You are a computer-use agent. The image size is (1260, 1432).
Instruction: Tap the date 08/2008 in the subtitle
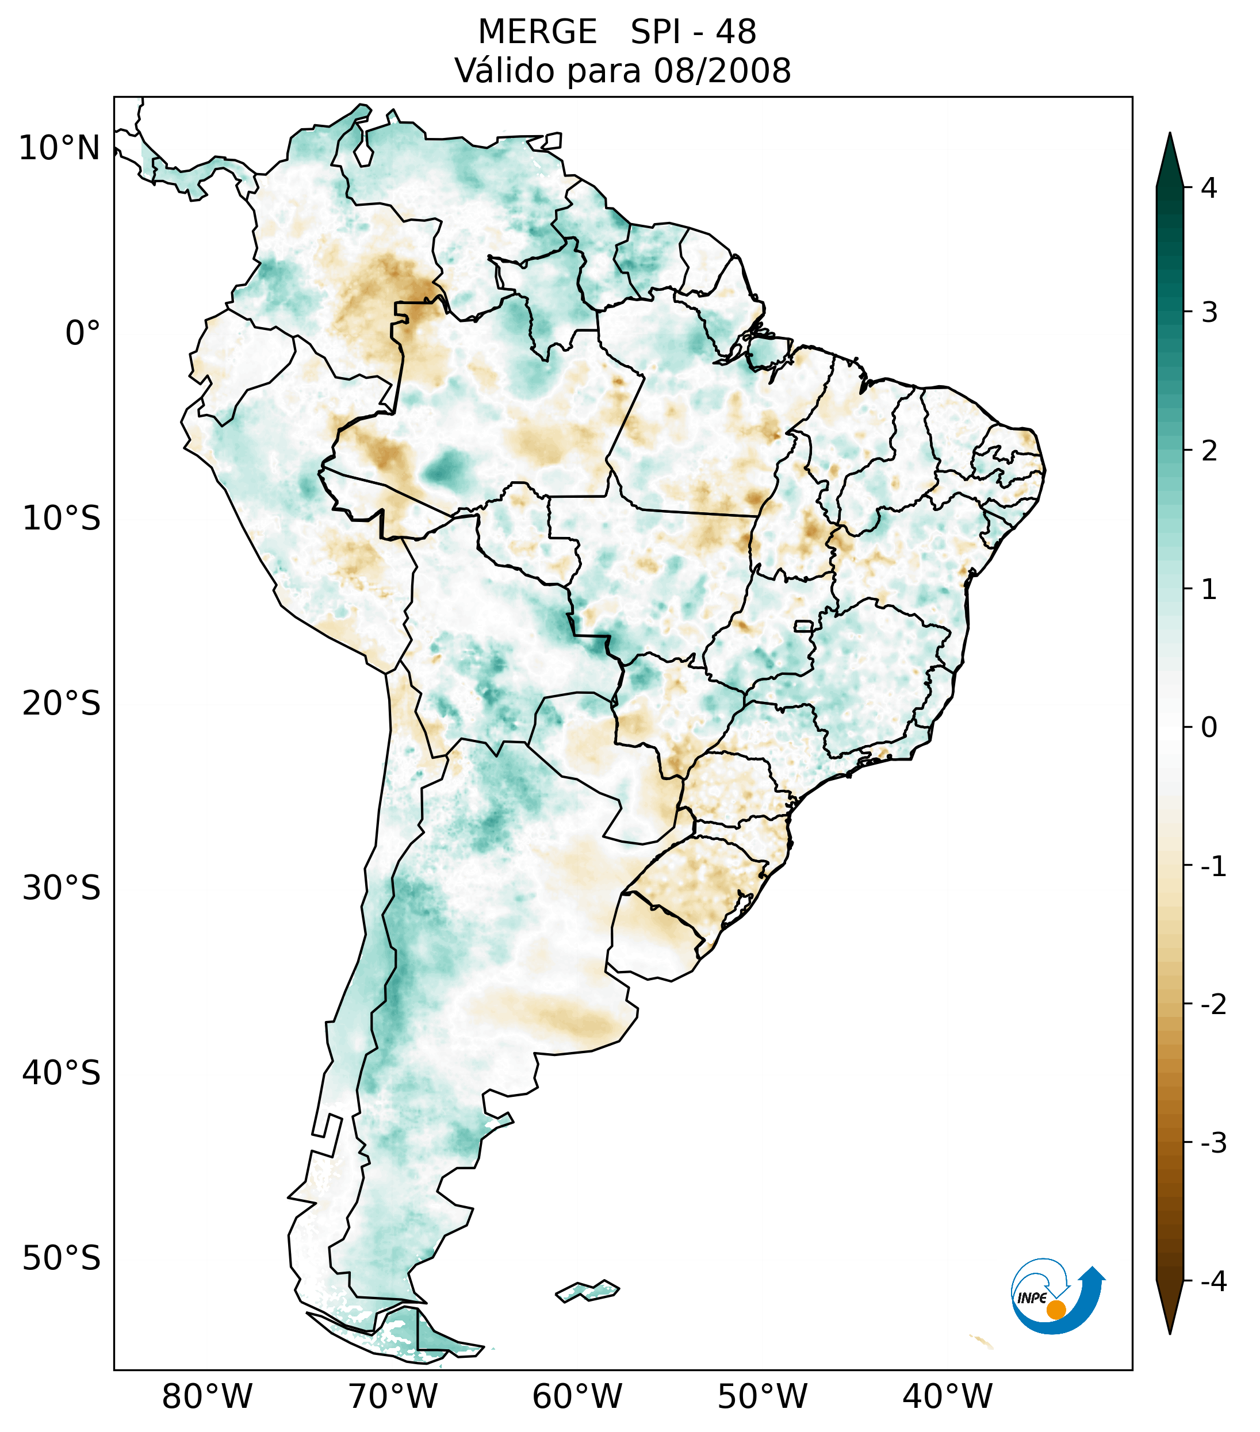click(722, 71)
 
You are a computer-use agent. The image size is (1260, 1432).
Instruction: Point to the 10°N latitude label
click(60, 148)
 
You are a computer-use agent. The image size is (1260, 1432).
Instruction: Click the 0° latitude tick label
click(83, 333)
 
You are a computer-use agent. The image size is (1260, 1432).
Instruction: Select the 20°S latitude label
click(62, 704)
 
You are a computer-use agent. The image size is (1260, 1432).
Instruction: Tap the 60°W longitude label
click(577, 1396)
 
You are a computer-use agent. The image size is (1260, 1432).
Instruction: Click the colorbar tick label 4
click(1209, 188)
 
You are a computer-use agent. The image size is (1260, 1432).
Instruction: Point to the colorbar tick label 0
click(1209, 728)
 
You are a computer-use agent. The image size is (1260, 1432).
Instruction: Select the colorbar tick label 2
click(1209, 451)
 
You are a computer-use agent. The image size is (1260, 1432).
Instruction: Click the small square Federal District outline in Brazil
click(804, 625)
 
